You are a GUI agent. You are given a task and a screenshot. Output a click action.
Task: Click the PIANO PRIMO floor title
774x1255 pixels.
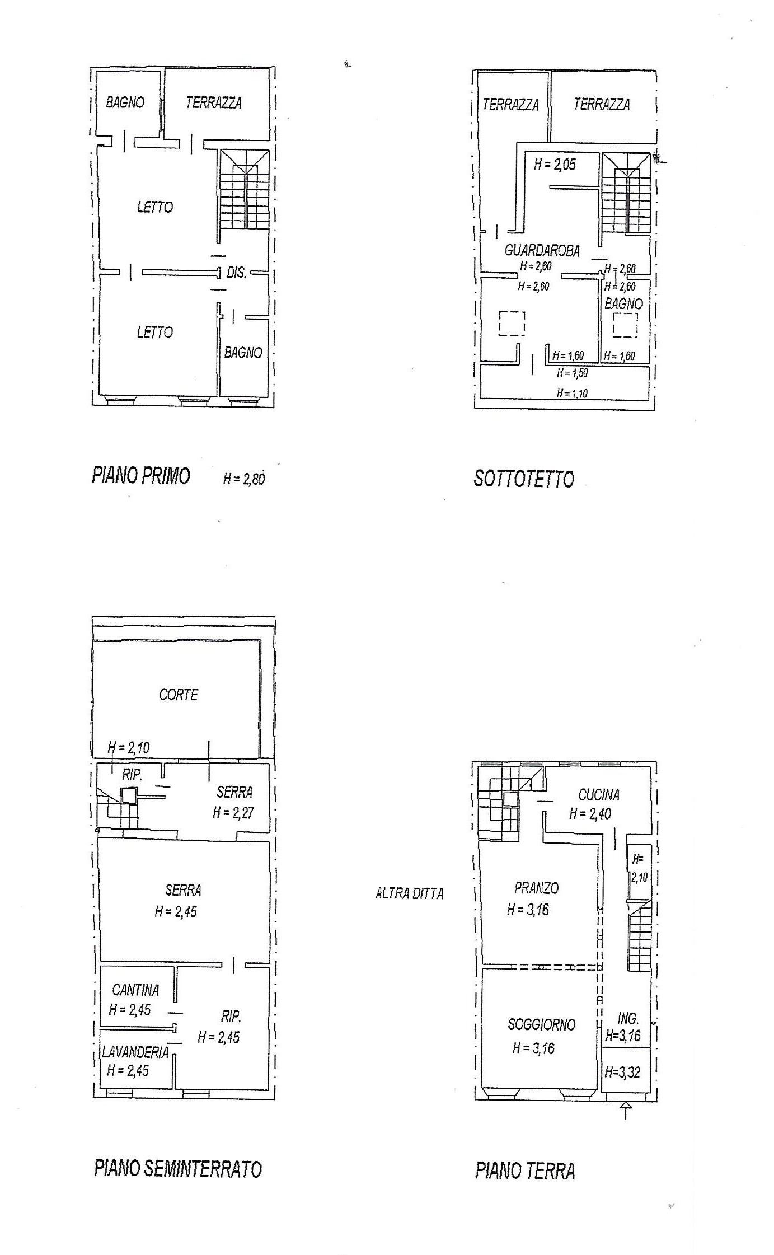141,476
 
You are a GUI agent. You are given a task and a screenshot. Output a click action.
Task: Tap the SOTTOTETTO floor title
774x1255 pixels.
524,479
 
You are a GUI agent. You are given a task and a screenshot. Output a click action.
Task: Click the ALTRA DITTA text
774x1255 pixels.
409,893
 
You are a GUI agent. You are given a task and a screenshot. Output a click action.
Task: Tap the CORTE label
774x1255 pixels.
179,695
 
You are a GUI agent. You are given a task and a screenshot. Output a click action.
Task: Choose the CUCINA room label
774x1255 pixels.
599,794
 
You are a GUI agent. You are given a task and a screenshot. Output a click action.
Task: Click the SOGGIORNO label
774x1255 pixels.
541,1024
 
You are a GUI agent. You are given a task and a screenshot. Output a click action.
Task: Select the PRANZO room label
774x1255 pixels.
536,888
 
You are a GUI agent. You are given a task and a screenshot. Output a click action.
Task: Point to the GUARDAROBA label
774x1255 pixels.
542,251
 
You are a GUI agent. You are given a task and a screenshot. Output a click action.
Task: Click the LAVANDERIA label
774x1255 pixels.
135,1052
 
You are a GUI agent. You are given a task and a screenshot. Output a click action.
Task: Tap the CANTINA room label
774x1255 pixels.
135,990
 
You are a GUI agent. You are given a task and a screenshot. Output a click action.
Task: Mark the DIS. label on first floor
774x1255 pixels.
236,273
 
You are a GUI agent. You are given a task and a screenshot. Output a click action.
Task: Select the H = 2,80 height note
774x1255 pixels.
244,479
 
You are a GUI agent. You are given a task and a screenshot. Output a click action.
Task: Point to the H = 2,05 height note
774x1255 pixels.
555,165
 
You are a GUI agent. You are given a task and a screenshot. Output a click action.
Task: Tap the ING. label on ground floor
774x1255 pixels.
628,1019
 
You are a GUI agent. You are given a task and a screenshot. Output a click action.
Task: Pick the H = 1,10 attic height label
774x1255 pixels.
572,394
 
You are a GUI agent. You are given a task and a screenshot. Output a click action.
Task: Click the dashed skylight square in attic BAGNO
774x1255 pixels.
625,325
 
